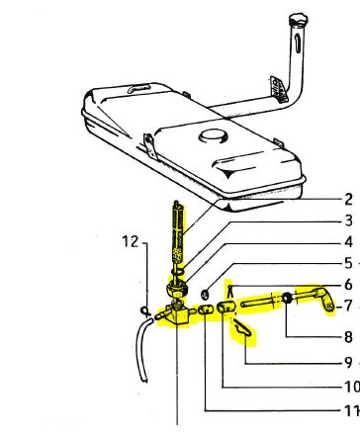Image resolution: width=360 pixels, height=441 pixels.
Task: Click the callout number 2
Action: point(348,200)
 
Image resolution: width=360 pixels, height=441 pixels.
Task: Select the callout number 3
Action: point(348,220)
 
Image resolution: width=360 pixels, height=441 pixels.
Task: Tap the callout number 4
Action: point(348,242)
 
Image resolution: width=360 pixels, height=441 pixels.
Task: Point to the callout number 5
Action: point(348,263)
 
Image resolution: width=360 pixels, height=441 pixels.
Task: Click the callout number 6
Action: point(348,285)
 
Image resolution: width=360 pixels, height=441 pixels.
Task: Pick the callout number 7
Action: point(348,306)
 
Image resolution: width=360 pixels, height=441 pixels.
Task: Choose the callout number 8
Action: point(348,337)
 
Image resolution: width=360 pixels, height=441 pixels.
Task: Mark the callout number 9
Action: point(348,362)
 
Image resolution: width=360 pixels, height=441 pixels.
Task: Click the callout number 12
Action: point(131,241)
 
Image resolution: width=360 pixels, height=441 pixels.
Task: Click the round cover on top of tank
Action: point(214,135)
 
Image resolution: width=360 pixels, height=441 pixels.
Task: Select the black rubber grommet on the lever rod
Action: point(287,298)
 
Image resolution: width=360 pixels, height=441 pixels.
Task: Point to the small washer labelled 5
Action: point(205,294)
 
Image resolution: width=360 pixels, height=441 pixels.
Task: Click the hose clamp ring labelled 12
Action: point(145,310)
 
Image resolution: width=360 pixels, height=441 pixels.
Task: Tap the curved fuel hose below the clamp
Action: point(142,349)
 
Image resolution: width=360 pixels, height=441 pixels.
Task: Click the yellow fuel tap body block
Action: point(178,314)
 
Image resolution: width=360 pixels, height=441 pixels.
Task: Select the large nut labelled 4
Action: point(178,289)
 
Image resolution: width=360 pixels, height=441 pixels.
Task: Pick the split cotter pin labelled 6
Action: point(231,291)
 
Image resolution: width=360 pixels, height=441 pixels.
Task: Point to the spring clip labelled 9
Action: point(243,329)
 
